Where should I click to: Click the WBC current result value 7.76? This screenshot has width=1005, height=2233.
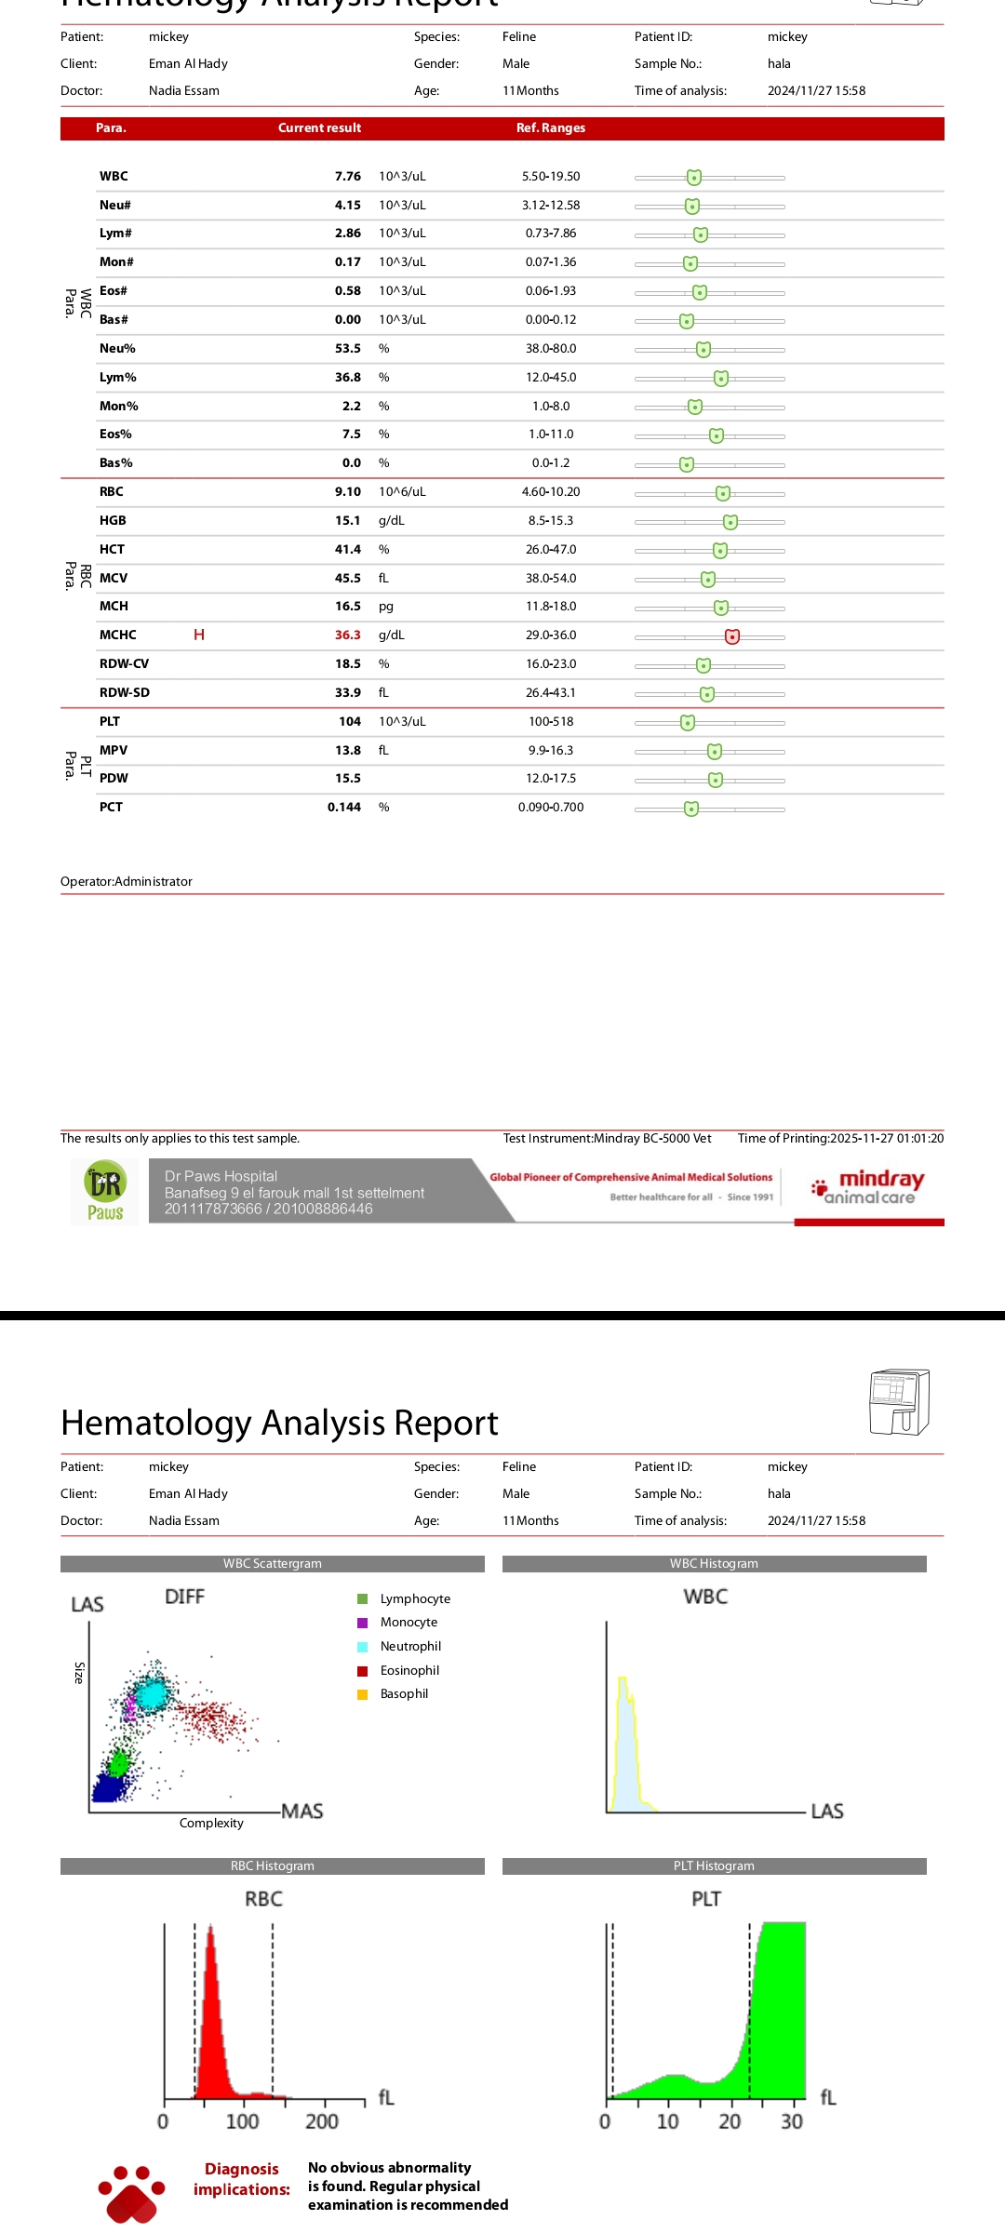click(x=347, y=177)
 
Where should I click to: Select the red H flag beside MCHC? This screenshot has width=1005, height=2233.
click(x=199, y=635)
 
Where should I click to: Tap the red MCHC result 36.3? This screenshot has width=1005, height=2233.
click(x=347, y=635)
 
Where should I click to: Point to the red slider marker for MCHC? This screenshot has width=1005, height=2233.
click(x=732, y=636)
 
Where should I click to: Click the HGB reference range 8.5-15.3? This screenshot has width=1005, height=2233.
click(x=550, y=521)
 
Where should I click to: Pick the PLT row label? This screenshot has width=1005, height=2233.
click(x=110, y=722)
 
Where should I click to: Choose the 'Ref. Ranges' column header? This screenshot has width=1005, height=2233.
click(x=550, y=128)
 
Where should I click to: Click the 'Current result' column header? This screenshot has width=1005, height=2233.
click(x=319, y=128)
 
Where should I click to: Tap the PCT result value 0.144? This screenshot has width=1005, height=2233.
click(x=343, y=808)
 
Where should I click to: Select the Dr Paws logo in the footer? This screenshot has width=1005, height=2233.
click(x=105, y=1192)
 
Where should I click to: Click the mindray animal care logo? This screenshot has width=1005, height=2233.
click(x=870, y=1187)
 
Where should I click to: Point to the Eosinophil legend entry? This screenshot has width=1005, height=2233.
click(x=409, y=1670)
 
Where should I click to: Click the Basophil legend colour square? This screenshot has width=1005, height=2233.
click(x=363, y=1694)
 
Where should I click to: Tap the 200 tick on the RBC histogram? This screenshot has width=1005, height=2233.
click(x=322, y=2121)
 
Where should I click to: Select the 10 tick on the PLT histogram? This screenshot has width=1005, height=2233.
click(x=668, y=2121)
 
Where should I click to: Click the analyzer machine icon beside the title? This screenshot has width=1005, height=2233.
click(x=898, y=1401)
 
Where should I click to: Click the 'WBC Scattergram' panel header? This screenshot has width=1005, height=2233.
click(x=272, y=1564)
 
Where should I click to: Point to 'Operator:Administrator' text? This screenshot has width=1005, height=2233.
click(x=127, y=882)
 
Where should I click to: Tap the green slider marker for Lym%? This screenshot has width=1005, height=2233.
click(x=721, y=379)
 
